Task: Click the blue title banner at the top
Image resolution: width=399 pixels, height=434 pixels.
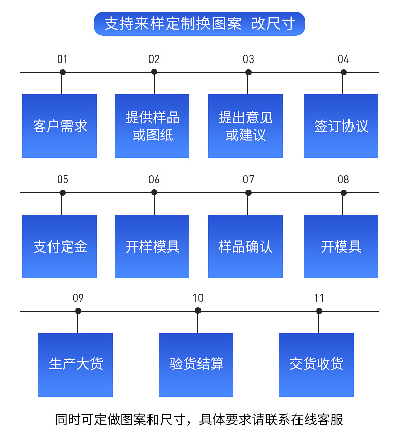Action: pos(199,24)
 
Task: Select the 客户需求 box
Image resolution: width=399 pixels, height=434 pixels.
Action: pos(60,126)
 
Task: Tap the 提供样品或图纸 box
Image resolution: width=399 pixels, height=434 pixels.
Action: pos(152,126)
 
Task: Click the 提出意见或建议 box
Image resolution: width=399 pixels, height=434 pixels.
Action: pos(245,126)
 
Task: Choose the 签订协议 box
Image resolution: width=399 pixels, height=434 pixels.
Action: pos(341,126)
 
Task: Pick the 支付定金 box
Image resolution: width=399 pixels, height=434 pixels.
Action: pos(60,246)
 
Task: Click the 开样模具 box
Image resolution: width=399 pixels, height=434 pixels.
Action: pos(152,246)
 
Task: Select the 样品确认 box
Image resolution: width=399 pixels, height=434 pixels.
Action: pos(245,246)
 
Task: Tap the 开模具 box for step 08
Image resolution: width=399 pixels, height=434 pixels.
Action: pos(341,246)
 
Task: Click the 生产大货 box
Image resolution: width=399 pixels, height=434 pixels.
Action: pos(75,364)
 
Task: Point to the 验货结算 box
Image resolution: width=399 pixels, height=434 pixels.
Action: pos(196,364)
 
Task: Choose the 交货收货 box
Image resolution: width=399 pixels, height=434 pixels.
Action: pos(316,364)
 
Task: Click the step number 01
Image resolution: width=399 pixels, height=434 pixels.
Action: pos(62,59)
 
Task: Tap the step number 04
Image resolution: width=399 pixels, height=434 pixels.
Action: pos(343,59)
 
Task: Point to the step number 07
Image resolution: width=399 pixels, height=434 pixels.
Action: pos(248,180)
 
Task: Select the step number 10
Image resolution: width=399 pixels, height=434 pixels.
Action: pos(198,298)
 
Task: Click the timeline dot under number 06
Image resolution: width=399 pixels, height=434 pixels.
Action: pos(154,192)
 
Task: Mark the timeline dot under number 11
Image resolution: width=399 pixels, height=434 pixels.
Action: pos(319,311)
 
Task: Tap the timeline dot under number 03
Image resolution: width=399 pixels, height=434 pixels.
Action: pos(248,72)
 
